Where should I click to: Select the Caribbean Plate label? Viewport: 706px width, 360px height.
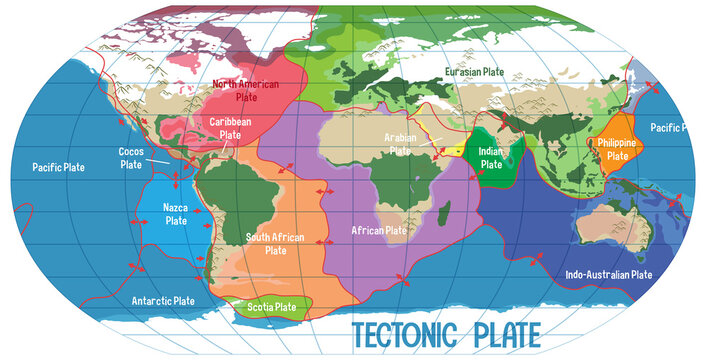click(230, 127)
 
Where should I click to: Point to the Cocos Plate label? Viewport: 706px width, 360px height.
click(131, 158)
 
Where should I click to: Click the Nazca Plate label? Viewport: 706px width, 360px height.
click(176, 214)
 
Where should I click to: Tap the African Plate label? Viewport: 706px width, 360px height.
click(379, 230)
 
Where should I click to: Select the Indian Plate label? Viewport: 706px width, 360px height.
click(490, 157)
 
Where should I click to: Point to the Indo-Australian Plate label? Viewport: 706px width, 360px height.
click(609, 274)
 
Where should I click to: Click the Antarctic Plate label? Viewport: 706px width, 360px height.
click(163, 300)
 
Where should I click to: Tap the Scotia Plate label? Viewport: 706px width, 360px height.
click(271, 307)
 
